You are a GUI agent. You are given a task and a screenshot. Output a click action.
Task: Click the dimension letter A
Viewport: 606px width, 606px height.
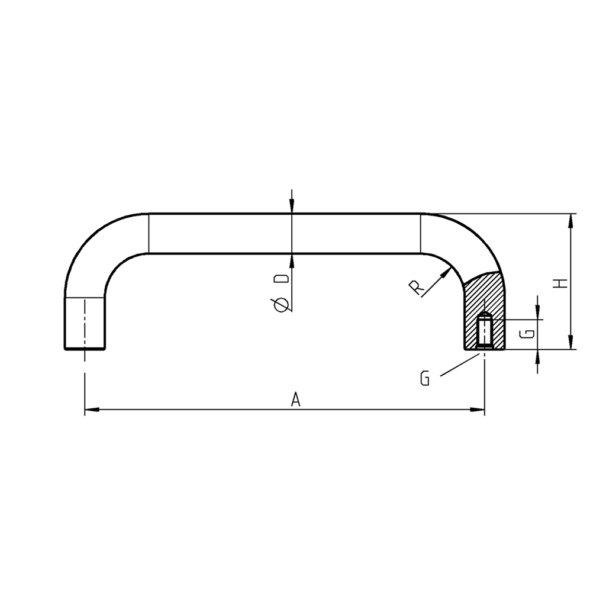pyautogui.click(x=296, y=400)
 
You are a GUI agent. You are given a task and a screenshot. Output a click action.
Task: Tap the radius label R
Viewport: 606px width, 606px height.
pyautogui.click(x=417, y=288)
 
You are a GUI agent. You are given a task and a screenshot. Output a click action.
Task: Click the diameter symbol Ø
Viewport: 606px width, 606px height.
pyautogui.click(x=282, y=304)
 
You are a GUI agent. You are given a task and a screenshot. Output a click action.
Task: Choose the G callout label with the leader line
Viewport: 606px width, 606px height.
pyautogui.click(x=425, y=379)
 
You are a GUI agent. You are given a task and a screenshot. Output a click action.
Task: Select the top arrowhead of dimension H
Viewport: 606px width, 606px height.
pyautogui.click(x=570, y=221)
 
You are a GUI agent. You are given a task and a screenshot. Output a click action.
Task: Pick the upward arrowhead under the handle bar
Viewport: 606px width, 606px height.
pyautogui.click(x=291, y=261)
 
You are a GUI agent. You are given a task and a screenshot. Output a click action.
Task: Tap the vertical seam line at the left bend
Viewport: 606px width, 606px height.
pyautogui.click(x=148, y=233)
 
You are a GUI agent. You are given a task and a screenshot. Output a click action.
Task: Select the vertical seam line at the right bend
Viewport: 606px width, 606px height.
pyautogui.click(x=421, y=233)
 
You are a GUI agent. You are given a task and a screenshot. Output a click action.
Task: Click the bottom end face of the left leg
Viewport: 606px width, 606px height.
pyautogui.click(x=85, y=349)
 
